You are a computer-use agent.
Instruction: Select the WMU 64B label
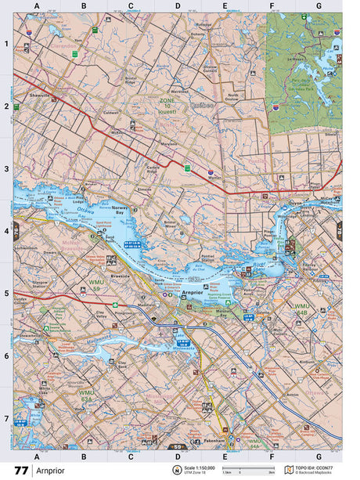coord(302,307)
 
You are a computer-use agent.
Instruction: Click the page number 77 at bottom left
coord(20,471)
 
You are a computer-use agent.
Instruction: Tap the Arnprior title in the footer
coord(54,471)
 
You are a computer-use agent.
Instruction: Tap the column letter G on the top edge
coord(319,5)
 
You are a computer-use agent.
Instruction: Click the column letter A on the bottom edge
coord(37,455)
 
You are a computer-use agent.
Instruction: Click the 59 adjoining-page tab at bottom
coord(178,447)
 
